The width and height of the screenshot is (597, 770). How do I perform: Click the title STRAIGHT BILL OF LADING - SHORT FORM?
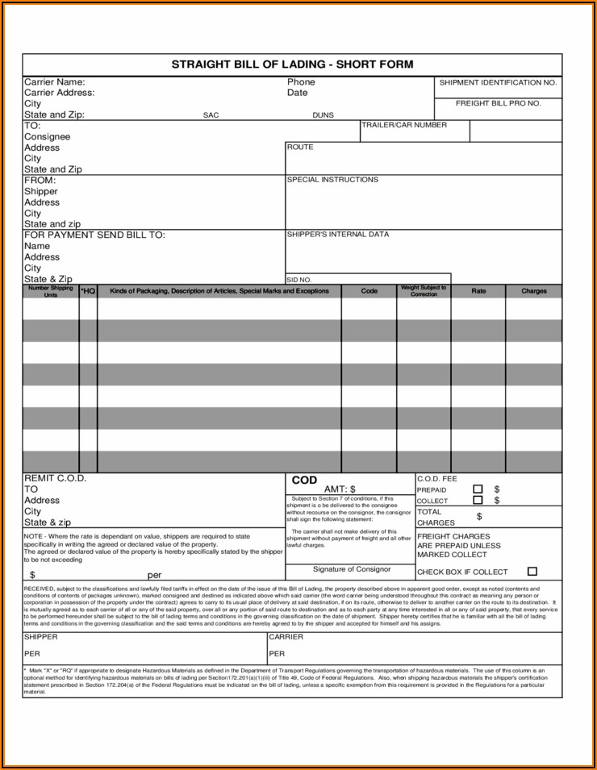pos(292,65)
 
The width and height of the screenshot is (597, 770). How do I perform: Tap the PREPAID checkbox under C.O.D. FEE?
pos(478,489)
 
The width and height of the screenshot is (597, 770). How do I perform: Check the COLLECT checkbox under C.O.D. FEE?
pos(478,501)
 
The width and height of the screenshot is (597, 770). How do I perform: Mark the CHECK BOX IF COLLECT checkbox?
pos(532,572)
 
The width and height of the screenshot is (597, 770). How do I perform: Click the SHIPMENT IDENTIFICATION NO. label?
pos(498,83)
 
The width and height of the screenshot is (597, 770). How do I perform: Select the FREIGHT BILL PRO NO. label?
pos(498,104)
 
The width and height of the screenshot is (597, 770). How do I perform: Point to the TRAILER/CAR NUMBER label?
pos(403,126)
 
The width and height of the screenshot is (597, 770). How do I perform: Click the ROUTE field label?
pos(300,148)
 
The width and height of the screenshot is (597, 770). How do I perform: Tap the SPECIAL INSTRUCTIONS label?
pos(332,180)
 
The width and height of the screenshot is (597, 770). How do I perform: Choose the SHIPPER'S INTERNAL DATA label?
pos(337,235)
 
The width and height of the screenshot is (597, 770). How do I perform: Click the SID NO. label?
pos(299,280)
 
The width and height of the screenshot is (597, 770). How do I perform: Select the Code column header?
pos(369,291)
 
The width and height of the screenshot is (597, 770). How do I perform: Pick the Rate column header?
pos(478,291)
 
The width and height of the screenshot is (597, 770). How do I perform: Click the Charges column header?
pos(533,291)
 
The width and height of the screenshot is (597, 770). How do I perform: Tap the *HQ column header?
pos(89,291)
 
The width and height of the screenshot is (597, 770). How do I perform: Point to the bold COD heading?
pos(304,481)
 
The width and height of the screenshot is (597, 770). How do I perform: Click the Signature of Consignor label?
pos(351,570)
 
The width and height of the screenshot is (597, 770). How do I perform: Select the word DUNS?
pos(323,115)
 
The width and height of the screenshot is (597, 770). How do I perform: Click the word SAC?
pos(211,115)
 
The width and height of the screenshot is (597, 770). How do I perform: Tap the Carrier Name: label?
pos(54,82)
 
